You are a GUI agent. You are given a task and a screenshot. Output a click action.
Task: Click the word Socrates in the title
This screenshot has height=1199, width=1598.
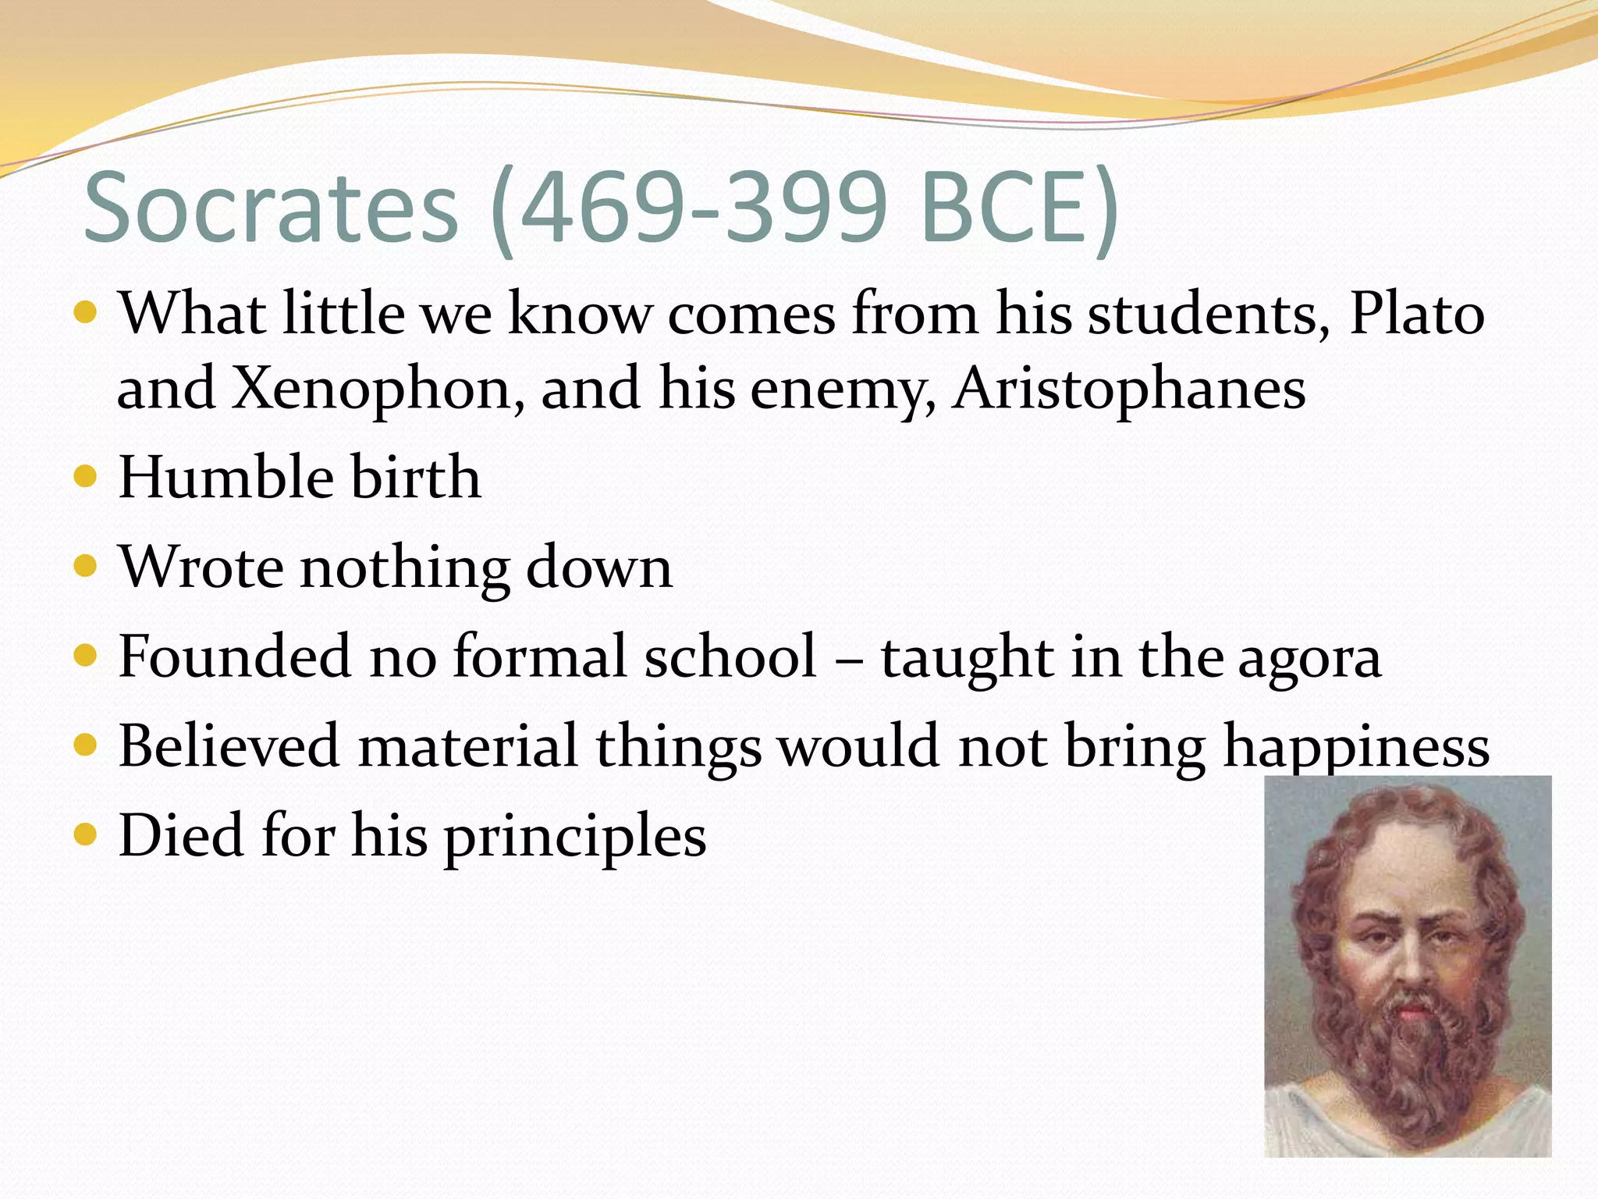tap(270, 209)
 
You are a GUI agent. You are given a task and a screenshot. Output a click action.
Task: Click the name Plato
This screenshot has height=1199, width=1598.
tap(1416, 314)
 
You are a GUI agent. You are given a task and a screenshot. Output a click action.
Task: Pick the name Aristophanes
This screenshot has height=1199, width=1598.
tap(1128, 389)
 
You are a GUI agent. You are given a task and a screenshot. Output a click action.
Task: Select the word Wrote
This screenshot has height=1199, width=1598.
tap(201, 567)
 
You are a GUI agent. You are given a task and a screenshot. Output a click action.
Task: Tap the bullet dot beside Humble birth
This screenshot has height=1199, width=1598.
tap(84, 477)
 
